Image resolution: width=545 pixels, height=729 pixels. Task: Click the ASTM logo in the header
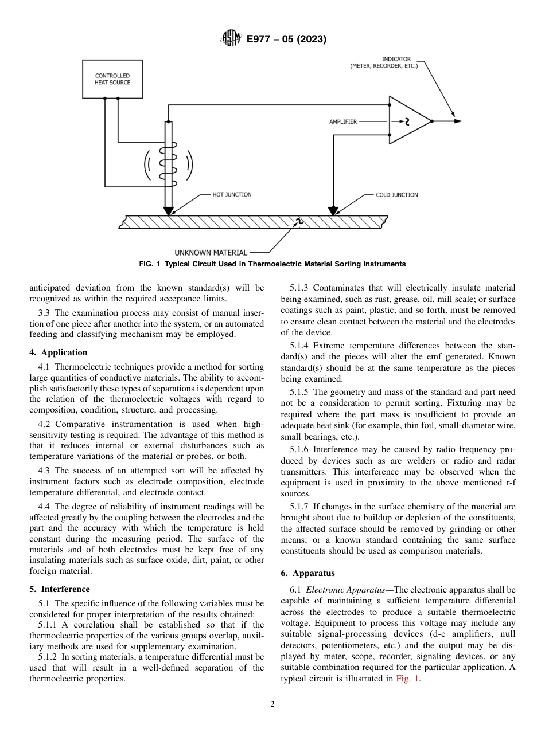coord(231,39)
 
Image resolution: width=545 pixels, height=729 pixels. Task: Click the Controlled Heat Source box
coord(112,79)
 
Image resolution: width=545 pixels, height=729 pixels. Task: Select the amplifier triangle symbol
coord(408,121)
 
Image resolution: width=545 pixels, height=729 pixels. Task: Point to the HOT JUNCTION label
coord(232,195)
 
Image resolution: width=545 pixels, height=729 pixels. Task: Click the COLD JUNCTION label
coord(396,195)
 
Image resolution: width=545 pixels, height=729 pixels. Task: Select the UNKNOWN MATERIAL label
coord(211,252)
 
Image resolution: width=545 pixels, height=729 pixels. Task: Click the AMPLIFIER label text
coord(343,121)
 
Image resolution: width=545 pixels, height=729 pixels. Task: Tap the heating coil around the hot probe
coord(168,165)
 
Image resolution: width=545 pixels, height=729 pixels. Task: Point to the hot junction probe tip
coord(168,212)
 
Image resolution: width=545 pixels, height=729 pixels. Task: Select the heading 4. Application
coord(59,352)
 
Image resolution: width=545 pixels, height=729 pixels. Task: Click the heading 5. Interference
coord(60,589)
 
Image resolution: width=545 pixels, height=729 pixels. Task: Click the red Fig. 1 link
coord(408,679)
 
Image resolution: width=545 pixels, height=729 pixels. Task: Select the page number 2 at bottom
coord(272,704)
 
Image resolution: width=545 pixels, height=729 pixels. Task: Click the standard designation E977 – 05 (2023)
coord(286,39)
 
